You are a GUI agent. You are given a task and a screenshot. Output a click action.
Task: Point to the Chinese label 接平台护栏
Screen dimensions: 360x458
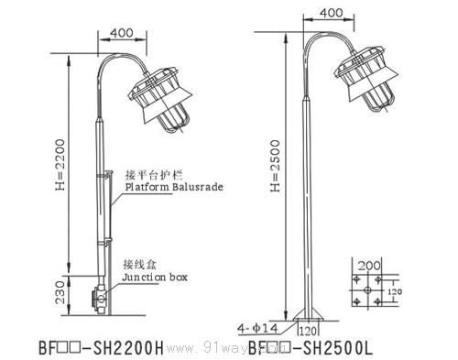(x=144, y=173)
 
